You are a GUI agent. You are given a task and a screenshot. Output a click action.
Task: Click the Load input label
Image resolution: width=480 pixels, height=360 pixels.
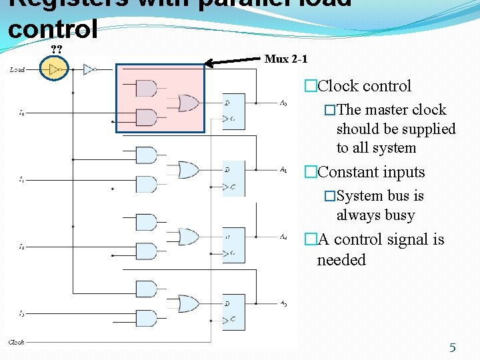[x=17, y=69]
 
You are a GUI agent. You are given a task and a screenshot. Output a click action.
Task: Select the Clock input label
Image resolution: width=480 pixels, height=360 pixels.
[x=16, y=343]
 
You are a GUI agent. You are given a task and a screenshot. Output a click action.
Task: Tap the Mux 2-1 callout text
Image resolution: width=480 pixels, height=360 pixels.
[x=286, y=59]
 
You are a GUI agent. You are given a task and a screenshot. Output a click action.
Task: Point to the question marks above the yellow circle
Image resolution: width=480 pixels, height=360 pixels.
[x=57, y=49]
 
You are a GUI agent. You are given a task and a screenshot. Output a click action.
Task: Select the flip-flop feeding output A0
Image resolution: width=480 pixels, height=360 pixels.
[x=233, y=111]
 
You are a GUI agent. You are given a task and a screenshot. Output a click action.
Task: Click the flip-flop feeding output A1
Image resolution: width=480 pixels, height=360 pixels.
[x=233, y=179]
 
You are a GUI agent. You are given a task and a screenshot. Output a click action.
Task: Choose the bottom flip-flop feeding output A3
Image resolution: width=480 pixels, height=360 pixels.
[x=233, y=312]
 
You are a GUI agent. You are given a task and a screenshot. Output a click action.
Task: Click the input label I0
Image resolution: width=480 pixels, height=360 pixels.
[x=21, y=113]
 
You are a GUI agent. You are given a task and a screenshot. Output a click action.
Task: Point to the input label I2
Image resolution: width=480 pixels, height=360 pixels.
[x=21, y=247]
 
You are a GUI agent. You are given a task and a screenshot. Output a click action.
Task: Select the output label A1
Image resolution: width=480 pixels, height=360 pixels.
[x=283, y=169]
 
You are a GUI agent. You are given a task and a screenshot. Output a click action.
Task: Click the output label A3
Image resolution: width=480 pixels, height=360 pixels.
[x=283, y=303]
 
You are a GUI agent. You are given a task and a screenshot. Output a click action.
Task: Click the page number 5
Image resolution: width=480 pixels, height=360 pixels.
[x=452, y=347]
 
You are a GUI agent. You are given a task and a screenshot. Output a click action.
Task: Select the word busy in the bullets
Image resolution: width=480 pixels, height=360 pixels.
[x=400, y=215]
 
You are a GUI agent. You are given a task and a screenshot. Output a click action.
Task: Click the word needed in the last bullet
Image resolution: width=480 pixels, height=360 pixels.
[x=341, y=260]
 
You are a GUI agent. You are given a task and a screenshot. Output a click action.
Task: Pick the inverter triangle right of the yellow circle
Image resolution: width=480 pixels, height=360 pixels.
[x=89, y=69]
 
